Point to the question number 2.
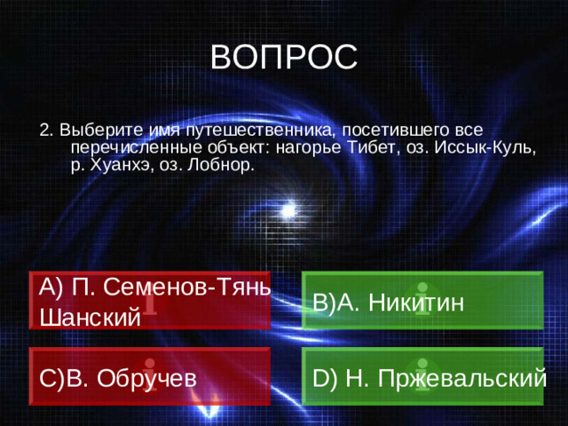tap(44, 128)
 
